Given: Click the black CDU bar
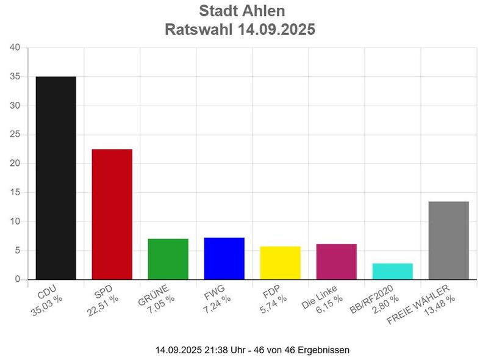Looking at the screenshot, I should [56, 178].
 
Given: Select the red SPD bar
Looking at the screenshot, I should [112, 214].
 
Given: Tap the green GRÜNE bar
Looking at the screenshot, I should [168, 259].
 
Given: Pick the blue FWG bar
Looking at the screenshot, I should [224, 258].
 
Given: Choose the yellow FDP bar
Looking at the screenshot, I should [280, 262].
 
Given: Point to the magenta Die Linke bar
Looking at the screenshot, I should [336, 261].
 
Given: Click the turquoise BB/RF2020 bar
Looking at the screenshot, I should [392, 271].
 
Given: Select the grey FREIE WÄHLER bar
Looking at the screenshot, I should [448, 240].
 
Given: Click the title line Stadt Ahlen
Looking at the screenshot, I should [242, 11].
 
